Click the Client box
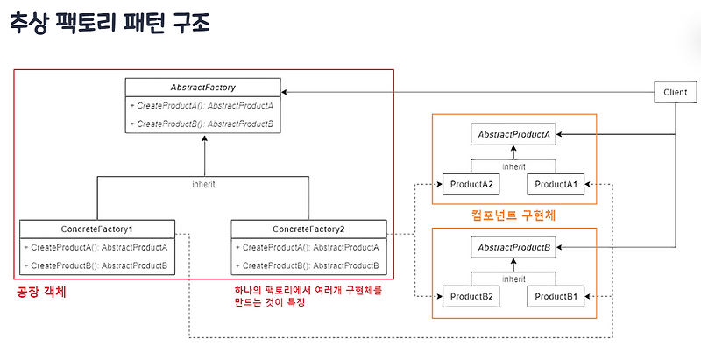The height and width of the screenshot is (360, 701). coord(676,91)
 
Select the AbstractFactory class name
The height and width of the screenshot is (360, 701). coord(203,88)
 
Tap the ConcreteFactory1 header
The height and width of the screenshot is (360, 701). coord(96,228)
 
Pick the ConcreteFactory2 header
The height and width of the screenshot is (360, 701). coord(308,228)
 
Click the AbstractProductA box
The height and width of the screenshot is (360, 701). coord(513,135)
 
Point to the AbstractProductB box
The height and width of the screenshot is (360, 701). coord(513,248)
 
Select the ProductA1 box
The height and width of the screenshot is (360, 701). coord(556,184)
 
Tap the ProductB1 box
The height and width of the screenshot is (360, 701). coord(556,297)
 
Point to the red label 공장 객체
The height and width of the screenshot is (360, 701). coord(42,293)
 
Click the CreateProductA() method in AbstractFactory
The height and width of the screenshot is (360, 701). coord(203,106)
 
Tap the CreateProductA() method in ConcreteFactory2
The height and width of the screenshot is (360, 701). coord(308,248)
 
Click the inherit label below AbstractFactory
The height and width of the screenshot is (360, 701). coord(203,185)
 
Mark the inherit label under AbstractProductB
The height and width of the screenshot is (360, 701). coord(513,279)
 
